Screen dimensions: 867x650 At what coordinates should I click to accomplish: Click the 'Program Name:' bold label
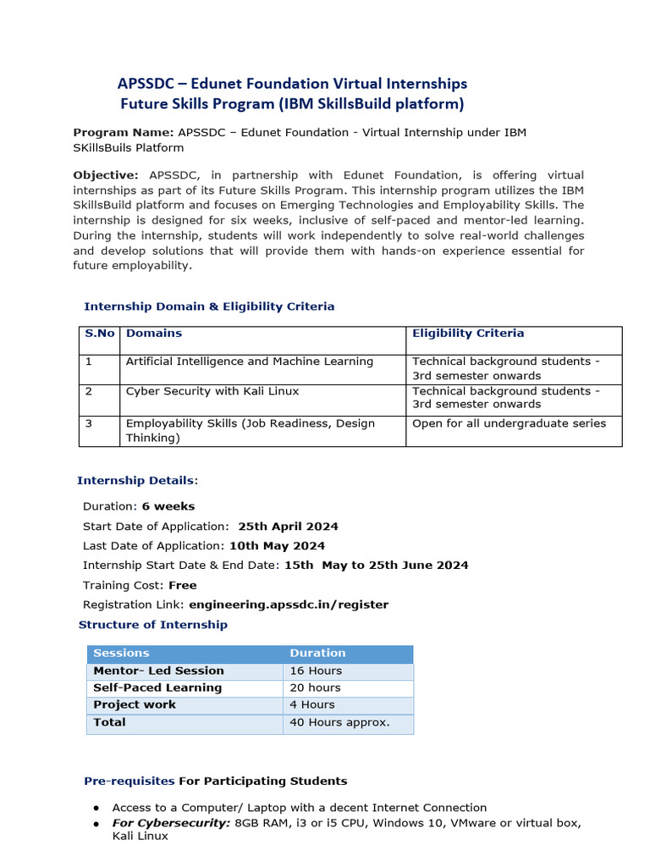click(123, 132)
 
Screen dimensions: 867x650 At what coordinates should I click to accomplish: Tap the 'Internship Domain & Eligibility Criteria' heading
click(208, 306)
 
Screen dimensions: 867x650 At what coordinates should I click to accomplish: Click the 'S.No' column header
click(100, 334)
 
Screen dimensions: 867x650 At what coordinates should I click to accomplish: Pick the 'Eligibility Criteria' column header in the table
click(467, 334)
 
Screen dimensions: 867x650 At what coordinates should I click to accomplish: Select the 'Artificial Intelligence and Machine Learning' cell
click(249, 362)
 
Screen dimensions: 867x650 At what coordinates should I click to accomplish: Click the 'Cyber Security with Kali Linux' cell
click(212, 391)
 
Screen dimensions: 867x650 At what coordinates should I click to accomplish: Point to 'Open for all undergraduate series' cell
click(509, 423)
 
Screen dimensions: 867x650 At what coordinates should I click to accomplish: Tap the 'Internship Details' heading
click(135, 480)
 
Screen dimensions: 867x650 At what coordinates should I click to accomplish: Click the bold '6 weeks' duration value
click(168, 506)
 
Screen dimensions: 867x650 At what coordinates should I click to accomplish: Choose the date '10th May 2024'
click(277, 546)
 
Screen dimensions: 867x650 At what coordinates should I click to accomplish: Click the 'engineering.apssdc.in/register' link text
click(289, 605)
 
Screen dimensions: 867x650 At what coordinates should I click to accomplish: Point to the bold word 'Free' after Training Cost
click(182, 585)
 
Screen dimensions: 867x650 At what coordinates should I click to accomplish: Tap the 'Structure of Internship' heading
click(152, 625)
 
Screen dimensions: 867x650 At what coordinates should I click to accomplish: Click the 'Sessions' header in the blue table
click(121, 654)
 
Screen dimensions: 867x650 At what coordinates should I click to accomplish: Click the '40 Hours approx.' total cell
click(339, 722)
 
